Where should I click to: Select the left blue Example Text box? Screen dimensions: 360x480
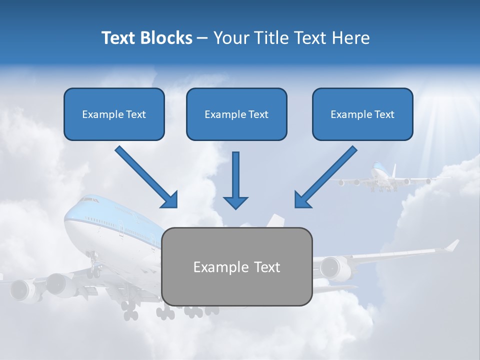point(114,114)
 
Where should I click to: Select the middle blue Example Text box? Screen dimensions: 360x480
point(236,114)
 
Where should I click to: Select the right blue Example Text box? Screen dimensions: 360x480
point(362,114)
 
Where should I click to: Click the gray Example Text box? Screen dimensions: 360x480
point(236,266)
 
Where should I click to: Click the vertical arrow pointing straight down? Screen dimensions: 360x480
point(235,180)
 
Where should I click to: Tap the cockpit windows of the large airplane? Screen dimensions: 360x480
point(88,200)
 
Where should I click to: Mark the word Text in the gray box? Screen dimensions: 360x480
point(263,267)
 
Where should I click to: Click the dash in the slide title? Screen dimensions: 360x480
point(202,38)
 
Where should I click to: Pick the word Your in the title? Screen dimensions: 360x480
point(230,38)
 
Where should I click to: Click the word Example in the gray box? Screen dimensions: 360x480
point(218,267)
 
